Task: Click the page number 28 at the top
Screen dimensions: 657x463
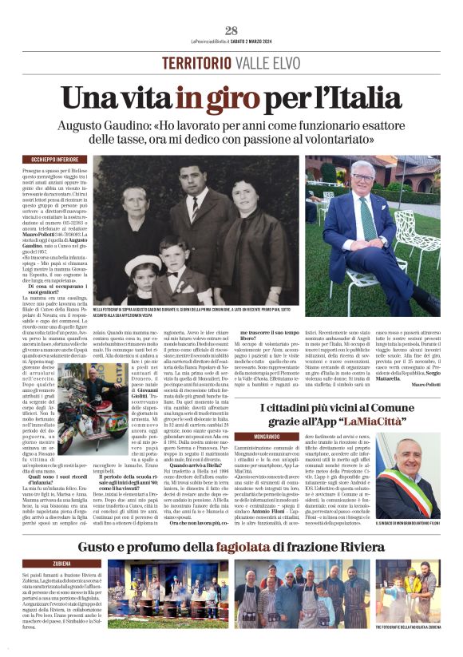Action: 231,30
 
